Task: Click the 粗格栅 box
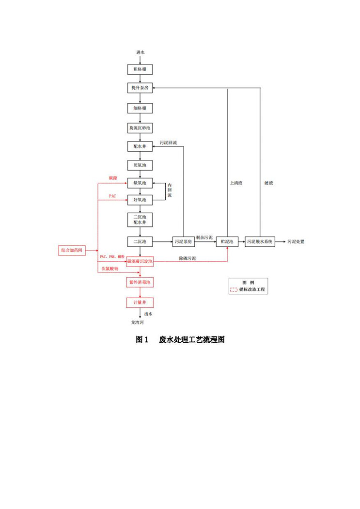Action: [140, 70]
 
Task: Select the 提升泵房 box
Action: [140, 88]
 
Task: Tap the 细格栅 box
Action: [140, 108]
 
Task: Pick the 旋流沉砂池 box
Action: [140, 128]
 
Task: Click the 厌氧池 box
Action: [140, 165]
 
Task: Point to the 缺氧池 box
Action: [140, 183]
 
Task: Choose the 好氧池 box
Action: [140, 199]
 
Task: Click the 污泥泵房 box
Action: [184, 241]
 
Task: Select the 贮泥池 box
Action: [227, 241]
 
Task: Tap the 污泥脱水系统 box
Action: [260, 241]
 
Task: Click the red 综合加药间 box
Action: [72, 251]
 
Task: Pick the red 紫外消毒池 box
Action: [140, 282]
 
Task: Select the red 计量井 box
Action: [140, 302]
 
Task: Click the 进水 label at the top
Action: [140, 52]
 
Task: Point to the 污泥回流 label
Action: [168, 143]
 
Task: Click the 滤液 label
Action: [269, 183]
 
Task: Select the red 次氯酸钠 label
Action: [109, 269]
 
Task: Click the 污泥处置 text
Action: [296, 241]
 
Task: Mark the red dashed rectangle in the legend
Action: [234, 290]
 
